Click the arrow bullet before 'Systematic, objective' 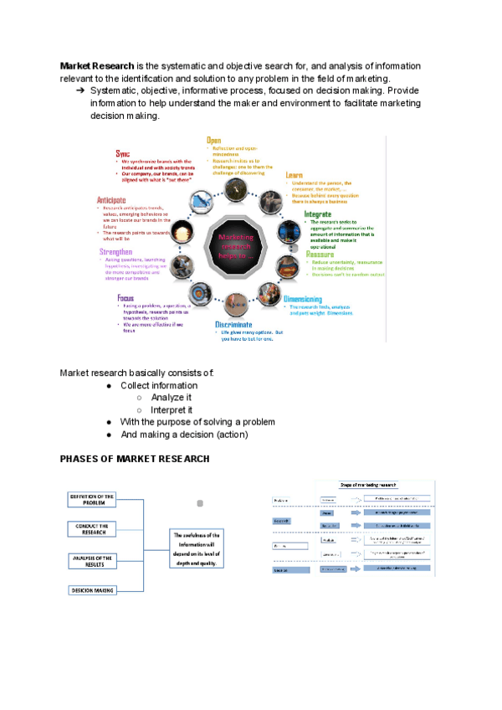tap(80, 90)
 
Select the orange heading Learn tap(294, 174)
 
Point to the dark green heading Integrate tap(322, 214)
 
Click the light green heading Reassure tap(320, 254)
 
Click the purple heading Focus tap(127, 297)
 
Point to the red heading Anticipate tap(111, 201)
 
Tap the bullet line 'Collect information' tap(159, 385)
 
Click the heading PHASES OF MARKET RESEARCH tap(134, 459)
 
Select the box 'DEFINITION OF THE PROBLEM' tap(92, 501)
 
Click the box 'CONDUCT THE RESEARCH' tap(92, 529)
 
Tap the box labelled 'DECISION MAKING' tap(92, 591)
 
